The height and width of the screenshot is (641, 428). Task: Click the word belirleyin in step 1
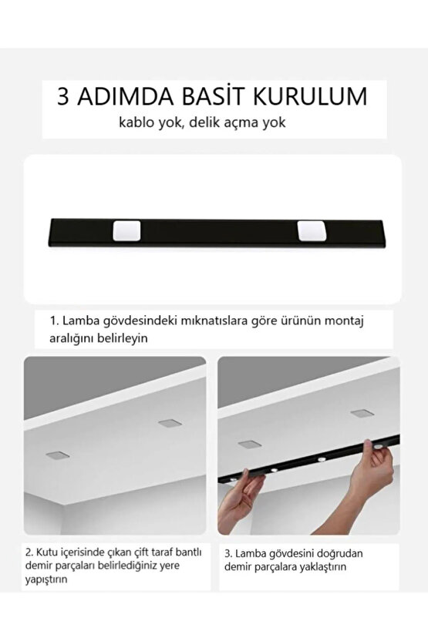click(121, 337)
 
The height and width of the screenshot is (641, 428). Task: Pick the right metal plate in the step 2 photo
click(168, 422)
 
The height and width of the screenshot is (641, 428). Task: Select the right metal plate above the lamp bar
click(359, 413)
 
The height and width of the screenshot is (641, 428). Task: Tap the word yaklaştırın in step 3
click(329, 566)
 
